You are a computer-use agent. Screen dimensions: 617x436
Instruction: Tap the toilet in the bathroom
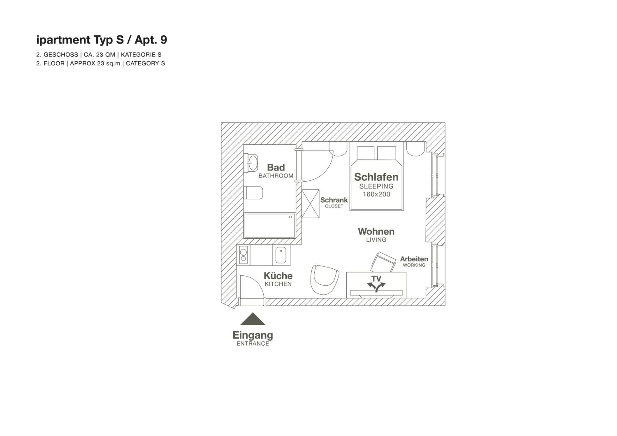point(253,193)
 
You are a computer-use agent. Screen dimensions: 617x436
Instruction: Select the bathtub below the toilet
point(270,226)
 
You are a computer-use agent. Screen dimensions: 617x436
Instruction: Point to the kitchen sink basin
point(281,255)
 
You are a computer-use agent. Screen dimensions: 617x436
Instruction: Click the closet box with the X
point(310,204)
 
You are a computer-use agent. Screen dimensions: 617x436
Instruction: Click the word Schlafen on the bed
point(376,177)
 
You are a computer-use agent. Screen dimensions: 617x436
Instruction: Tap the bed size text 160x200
point(376,194)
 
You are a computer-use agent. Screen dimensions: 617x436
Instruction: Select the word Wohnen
point(376,231)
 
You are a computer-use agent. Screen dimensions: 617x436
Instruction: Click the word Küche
point(278,276)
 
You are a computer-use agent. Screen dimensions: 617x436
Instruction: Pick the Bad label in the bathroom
point(276,167)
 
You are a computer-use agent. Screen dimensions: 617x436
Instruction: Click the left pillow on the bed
point(366,153)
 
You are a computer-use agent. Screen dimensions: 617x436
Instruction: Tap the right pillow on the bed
point(386,153)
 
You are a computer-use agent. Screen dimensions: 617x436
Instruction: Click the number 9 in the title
point(164,40)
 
